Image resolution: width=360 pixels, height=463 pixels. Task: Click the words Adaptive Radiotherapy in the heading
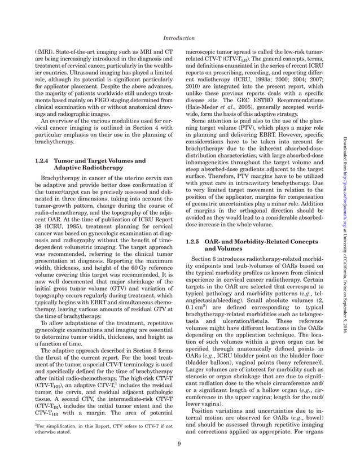pos(85,168)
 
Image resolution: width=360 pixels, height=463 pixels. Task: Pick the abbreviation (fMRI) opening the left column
pos(44,51)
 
